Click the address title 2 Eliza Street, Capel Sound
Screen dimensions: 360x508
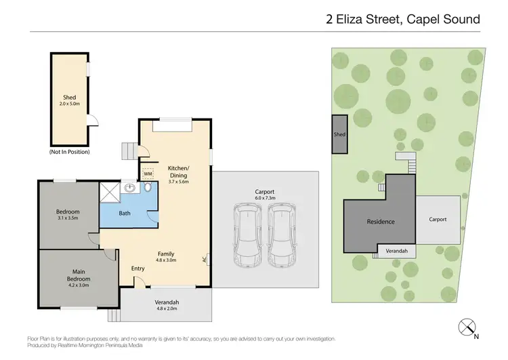(x=402, y=20)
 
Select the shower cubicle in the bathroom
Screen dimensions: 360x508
(x=110, y=193)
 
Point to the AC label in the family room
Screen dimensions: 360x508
(x=205, y=259)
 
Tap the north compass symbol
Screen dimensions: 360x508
(x=466, y=327)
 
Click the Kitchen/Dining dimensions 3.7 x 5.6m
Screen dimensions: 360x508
(x=179, y=182)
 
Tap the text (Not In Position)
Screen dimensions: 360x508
(x=69, y=152)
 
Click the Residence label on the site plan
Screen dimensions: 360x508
(x=381, y=222)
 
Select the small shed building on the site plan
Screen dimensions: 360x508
(x=339, y=134)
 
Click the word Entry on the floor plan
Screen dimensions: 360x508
(x=138, y=268)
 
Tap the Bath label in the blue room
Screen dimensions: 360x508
(x=125, y=213)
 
